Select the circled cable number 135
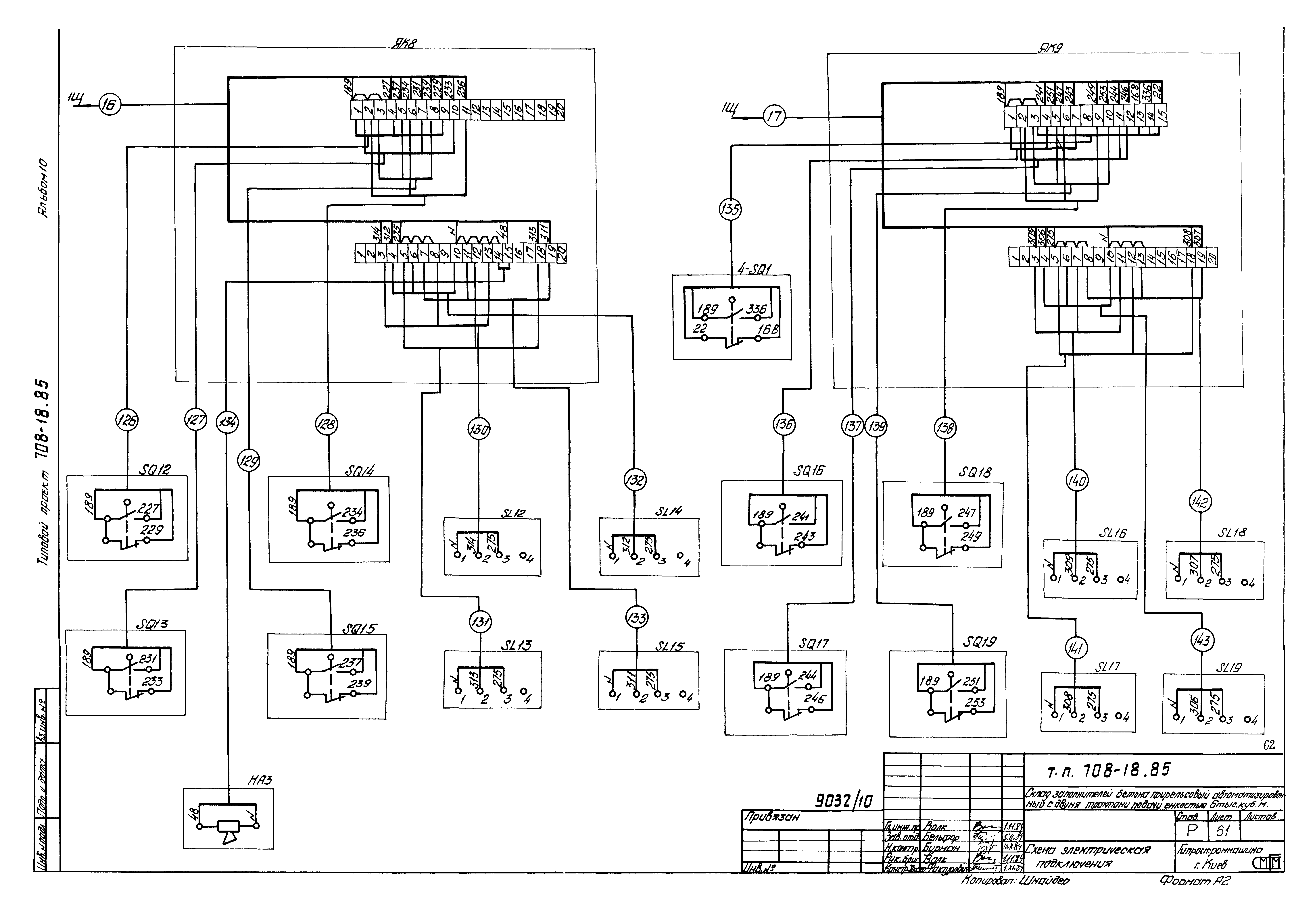[730, 210]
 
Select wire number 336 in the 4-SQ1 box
[757, 309]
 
